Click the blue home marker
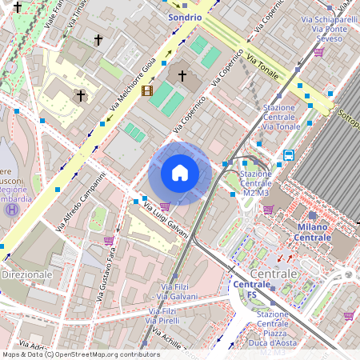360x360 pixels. coord(180,173)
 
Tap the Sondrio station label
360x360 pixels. coord(185,16)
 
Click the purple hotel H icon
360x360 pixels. coord(12,210)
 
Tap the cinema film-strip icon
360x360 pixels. coord(146,90)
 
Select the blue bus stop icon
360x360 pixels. coord(288,155)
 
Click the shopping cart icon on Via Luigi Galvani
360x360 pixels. coord(165,206)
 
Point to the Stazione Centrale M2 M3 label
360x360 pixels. coord(256,183)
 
